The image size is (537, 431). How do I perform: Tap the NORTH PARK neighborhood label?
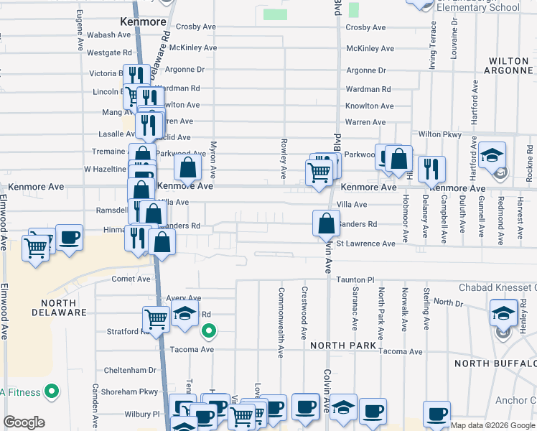(343, 346)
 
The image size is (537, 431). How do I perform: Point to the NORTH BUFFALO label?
(495, 363)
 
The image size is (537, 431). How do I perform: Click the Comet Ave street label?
(131, 279)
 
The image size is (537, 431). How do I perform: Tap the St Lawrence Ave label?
(366, 244)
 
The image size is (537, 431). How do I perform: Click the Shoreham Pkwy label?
(130, 391)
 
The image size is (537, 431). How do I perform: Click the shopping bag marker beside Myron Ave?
(188, 168)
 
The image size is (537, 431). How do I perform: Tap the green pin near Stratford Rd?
(208, 331)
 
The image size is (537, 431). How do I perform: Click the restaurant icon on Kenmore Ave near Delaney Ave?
(431, 168)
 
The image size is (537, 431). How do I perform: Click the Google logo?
(24, 422)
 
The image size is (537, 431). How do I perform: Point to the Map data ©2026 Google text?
(492, 425)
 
